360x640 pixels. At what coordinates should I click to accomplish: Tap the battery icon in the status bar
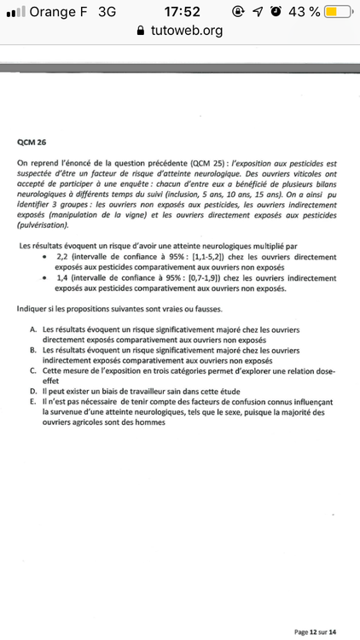coord(338,11)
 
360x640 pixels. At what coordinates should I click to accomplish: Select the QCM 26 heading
coord(32,143)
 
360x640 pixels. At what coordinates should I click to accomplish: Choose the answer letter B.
coord(32,350)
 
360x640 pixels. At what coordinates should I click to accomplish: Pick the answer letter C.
coord(32,371)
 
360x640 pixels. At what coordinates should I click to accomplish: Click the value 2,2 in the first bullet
coord(61,256)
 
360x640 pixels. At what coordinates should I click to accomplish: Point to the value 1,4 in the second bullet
coord(61,276)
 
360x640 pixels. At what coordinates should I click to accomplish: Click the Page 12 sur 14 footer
coord(315,631)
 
